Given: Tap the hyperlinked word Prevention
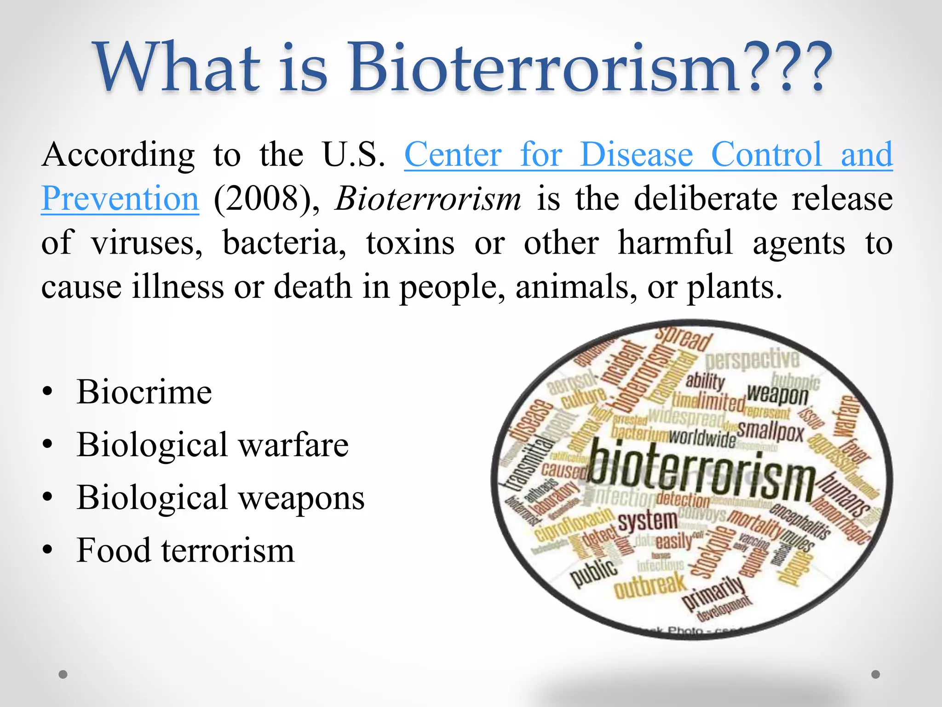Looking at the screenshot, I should [120, 199].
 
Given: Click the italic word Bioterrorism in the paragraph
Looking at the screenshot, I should [428, 199].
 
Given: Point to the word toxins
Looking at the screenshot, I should [410, 243].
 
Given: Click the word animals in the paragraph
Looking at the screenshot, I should [576, 286].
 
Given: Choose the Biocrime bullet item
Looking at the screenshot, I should [144, 392].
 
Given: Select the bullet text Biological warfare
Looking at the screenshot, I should [213, 445].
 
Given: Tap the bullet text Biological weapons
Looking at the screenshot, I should [220, 498].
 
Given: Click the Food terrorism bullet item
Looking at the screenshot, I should [185, 551].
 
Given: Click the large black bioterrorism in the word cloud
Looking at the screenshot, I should [701, 471].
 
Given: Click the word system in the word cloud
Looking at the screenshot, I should [647, 521].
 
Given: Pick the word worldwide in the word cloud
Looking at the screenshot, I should [702, 438].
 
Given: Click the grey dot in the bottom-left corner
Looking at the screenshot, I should [63, 674].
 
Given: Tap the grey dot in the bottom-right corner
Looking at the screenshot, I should [876, 674].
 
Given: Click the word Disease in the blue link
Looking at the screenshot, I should [637, 155].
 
